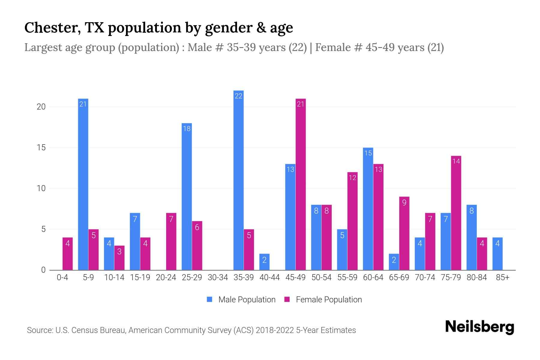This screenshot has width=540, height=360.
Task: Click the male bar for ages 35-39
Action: pos(238,180)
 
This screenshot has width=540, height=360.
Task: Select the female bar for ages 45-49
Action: pos(301,184)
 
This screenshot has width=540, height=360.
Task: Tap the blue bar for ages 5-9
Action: pos(83,184)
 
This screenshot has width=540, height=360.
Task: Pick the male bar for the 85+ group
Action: pos(497,254)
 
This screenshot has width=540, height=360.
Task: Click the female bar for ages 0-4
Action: pos(67,254)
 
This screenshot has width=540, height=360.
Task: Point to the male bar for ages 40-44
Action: pos(264,262)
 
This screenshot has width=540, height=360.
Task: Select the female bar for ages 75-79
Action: pos(456,213)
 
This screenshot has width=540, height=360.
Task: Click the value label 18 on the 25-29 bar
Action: pos(187,129)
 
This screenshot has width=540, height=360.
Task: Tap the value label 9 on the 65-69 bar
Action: pos(404,203)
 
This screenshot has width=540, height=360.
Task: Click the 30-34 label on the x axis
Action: pos(218,277)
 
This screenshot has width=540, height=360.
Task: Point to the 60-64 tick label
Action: pos(373,277)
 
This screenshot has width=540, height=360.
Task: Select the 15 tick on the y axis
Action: pos(41,148)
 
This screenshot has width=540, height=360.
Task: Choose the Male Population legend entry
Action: pos(241,300)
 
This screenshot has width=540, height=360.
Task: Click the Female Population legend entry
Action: pos(323,300)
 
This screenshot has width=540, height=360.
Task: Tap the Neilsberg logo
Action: pos(479,327)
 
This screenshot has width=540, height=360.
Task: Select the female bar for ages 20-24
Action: pos(171,241)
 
